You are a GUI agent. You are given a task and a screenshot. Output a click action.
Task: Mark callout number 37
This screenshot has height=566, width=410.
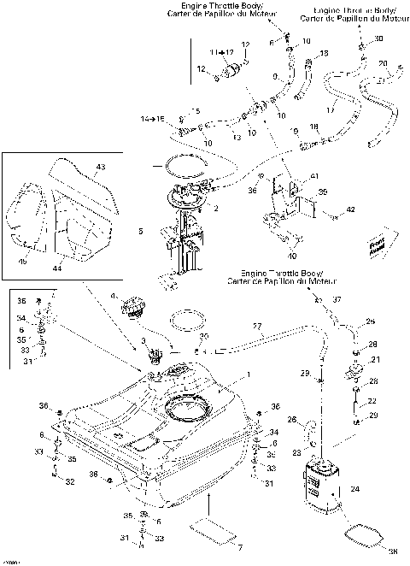tap(337, 299)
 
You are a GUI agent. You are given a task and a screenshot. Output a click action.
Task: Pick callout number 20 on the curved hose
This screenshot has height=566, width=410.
tap(383, 63)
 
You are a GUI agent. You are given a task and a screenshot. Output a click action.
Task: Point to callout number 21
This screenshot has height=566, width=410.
tap(374, 361)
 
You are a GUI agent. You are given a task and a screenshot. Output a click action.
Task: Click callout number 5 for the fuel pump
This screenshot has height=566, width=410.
tap(139, 231)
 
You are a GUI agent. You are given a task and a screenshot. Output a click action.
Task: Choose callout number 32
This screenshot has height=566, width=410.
tap(69, 482)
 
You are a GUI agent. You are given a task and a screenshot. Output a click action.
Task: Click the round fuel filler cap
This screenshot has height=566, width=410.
tap(135, 308)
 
